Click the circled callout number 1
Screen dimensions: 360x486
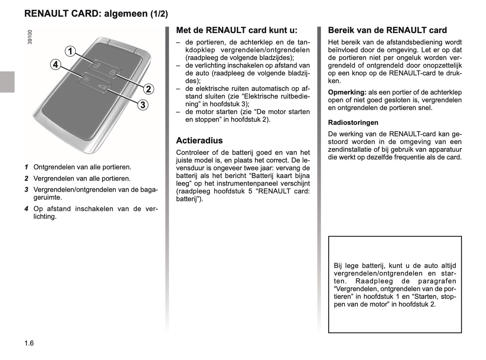(x=70, y=51)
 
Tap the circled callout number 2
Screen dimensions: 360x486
(x=148, y=89)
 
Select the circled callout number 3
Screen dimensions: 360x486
(x=143, y=105)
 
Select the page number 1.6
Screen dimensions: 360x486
(x=29, y=343)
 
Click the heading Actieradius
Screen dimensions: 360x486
(x=199, y=140)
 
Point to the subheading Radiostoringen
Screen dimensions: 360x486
(x=353, y=122)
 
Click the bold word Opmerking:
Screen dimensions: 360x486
(x=347, y=92)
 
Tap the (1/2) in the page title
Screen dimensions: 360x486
(x=159, y=14)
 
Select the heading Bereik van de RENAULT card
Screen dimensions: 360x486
(x=387, y=30)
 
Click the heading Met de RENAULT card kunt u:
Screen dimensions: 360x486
(x=236, y=30)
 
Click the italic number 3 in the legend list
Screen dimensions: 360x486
(x=26, y=190)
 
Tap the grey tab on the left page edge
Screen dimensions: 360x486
(x=7, y=82)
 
